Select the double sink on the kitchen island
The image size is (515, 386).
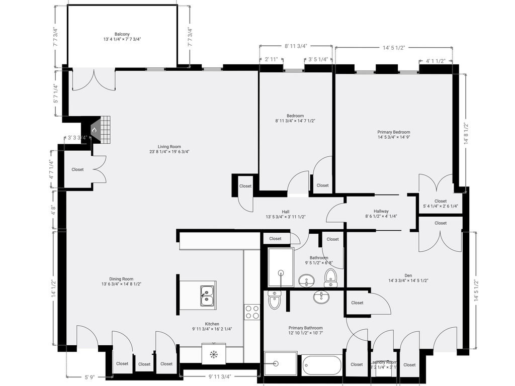207,296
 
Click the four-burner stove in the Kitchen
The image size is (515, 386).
252,312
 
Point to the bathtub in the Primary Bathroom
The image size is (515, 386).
321,364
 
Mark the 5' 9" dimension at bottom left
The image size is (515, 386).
90,376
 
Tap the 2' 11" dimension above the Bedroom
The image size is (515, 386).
271,59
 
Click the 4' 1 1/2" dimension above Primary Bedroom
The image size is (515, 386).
436,61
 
